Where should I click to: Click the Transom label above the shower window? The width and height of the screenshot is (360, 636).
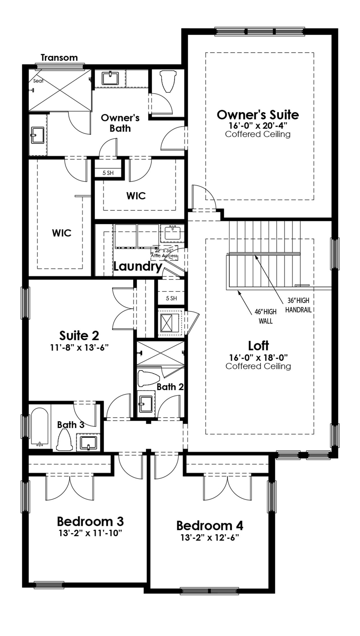[59, 58]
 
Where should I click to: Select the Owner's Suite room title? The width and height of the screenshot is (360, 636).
[258, 115]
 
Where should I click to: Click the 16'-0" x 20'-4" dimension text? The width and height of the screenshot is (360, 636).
[258, 125]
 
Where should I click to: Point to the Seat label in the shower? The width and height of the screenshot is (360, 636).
[38, 81]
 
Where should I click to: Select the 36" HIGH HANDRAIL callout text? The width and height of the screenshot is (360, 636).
[298, 305]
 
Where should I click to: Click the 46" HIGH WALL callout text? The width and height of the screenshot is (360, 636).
[265, 316]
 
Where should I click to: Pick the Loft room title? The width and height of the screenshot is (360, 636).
[258, 346]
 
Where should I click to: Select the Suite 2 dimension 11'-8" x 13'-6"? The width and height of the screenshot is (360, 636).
[79, 347]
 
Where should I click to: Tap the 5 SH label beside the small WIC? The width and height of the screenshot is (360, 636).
[108, 173]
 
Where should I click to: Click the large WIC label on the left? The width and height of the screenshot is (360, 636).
[62, 233]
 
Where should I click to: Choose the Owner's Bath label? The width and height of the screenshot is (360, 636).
[120, 123]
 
